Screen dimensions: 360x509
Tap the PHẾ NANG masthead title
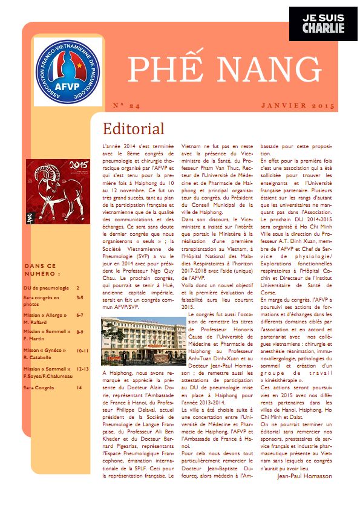pyautogui.click(x=224, y=71)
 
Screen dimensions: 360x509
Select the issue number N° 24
pyautogui.click(x=126, y=106)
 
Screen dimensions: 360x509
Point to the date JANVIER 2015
pyautogui.click(x=298, y=106)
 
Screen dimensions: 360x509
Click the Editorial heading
pyautogui.click(x=133, y=129)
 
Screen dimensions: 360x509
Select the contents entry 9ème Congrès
pyautogui.click(x=39, y=387)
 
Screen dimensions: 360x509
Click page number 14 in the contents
pyautogui.click(x=79, y=387)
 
